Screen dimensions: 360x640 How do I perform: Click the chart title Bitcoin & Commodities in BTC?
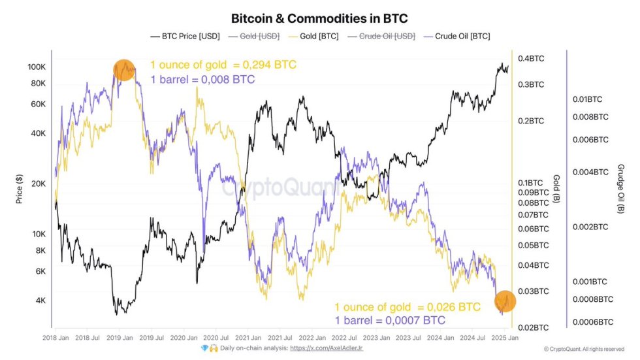click(319, 18)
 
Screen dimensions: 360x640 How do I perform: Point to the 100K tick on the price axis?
click(36, 67)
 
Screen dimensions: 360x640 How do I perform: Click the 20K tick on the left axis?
click(38, 184)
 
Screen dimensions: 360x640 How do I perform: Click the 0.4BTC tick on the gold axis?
click(531, 59)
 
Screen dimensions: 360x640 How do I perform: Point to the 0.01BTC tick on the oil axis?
click(588, 99)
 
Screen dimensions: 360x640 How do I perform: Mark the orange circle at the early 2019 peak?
click(124, 70)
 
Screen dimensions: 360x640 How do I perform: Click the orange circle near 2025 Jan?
click(505, 301)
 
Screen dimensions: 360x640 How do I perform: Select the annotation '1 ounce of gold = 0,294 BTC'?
click(223, 65)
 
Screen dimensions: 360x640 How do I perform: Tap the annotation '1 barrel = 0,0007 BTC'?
click(390, 320)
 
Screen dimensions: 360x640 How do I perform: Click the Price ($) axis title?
click(19, 190)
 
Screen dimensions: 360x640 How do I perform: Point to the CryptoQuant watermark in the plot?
click(281, 188)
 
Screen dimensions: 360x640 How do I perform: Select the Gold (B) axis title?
click(556, 189)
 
